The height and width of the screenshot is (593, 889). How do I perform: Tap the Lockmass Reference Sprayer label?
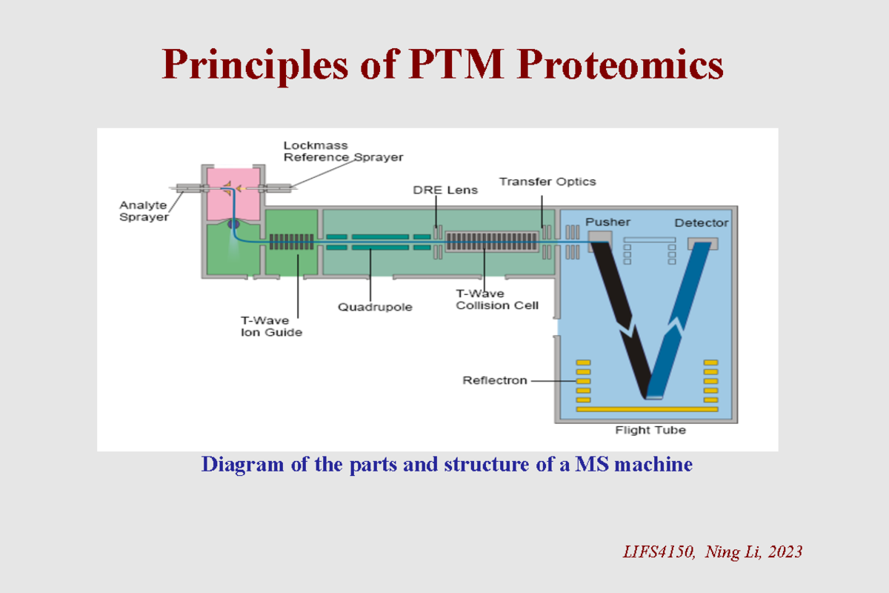tap(343, 151)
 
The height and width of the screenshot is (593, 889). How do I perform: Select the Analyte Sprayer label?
tap(144, 211)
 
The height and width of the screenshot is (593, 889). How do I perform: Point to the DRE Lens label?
tap(445, 190)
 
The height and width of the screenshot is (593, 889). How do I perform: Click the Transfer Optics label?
tap(547, 181)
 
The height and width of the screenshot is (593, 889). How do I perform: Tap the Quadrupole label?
tap(375, 305)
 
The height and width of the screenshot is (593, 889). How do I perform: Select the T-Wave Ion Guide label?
tap(270, 326)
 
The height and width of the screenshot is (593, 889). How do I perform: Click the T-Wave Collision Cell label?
tap(496, 299)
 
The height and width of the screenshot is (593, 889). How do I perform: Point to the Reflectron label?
tap(494, 380)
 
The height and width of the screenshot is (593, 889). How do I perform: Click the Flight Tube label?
tap(650, 430)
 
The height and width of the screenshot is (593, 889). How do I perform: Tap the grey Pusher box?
tap(600, 236)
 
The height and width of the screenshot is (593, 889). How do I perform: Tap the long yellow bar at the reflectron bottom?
tap(647, 409)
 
